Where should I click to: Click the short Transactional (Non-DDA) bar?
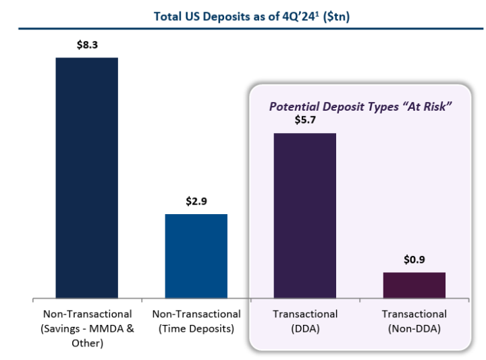[x=414, y=284]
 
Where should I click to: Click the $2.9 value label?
[x=196, y=202]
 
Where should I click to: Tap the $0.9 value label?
[x=414, y=260]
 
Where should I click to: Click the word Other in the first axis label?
[x=87, y=342]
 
